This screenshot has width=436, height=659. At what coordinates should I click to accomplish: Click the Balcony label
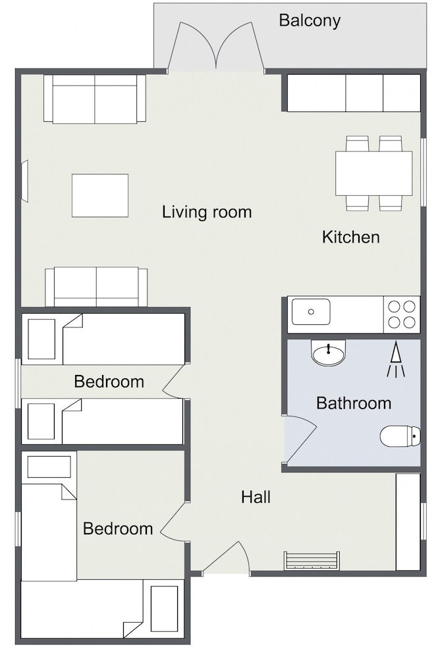[310, 20]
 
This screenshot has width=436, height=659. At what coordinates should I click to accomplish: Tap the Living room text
[207, 212]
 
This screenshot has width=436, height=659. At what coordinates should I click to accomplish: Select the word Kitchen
[351, 237]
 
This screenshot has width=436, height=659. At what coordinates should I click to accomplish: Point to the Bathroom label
[354, 403]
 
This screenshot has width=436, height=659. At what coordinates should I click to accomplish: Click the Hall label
[256, 497]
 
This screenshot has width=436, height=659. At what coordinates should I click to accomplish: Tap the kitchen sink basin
[311, 312]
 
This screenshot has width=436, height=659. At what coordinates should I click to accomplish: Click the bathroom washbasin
[328, 353]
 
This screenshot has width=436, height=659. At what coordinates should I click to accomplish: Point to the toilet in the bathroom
[400, 437]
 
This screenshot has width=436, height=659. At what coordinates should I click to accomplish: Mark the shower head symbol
[396, 360]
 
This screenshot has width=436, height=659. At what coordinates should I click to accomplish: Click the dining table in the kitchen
[374, 173]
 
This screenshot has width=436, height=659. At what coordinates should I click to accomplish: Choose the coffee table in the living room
[100, 196]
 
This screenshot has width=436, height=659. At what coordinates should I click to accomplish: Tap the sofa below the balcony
[95, 99]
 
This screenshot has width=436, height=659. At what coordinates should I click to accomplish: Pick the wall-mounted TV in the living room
[26, 181]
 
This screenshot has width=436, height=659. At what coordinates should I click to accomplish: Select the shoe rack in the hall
[312, 560]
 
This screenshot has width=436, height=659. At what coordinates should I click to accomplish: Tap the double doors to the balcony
[216, 46]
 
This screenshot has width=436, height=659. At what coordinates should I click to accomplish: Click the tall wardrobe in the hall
[408, 522]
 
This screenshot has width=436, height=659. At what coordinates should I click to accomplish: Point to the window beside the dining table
[423, 171]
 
